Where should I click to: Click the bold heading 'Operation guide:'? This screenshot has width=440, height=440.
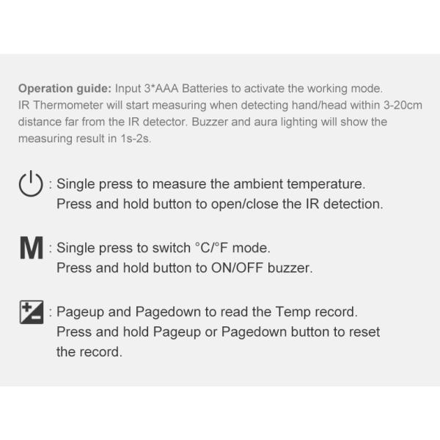[x=65, y=89]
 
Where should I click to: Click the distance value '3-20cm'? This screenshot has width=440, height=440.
[x=403, y=106]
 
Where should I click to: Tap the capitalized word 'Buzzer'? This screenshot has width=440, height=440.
[x=209, y=122]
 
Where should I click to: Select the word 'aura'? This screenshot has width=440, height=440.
[x=271, y=122]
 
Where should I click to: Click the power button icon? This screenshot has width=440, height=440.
[x=31, y=184]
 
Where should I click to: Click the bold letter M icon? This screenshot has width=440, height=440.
[x=32, y=249]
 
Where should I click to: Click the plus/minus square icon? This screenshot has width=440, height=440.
[x=32, y=312]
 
